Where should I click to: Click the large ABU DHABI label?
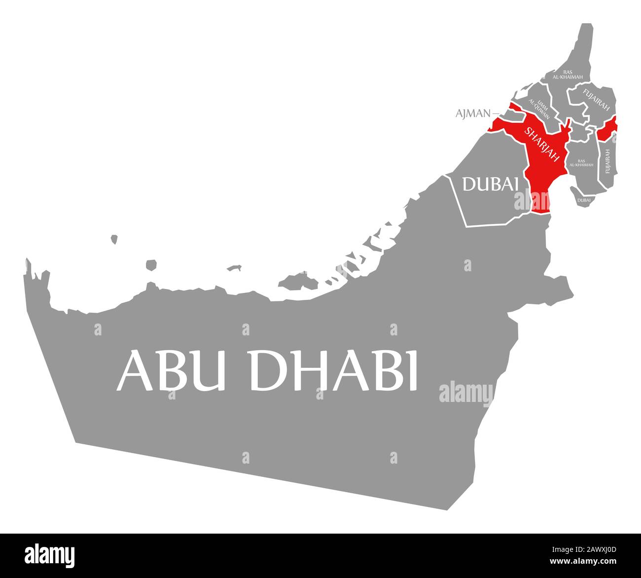267,370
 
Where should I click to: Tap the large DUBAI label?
490,184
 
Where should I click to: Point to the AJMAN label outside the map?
473,113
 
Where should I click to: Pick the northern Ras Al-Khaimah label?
568,74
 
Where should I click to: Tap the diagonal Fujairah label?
596,99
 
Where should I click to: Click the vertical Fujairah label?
607,161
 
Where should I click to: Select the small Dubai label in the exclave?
584,200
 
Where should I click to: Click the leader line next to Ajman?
496,113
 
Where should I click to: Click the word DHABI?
333,370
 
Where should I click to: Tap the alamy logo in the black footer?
50,555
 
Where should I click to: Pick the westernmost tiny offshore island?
114,239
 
